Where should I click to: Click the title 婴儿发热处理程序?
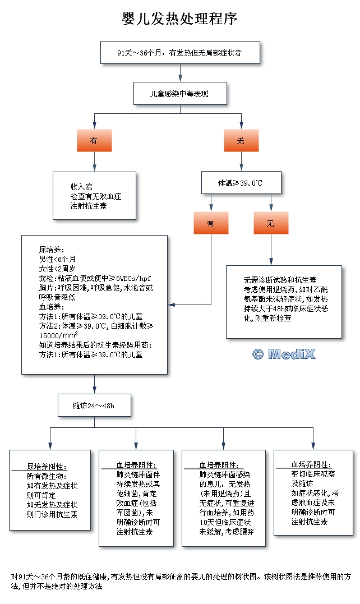[179, 19]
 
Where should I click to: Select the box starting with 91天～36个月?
[179, 52]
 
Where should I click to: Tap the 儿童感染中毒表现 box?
[180, 94]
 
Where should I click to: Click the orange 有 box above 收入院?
[94, 141]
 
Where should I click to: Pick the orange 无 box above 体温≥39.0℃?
[241, 141]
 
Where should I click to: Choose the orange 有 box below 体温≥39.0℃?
[211, 223]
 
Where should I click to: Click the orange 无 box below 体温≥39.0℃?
[270, 223]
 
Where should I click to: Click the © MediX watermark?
[284, 354]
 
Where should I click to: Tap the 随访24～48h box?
[94, 405]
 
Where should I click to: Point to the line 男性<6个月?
[57, 259]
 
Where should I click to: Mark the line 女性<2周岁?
[57, 268]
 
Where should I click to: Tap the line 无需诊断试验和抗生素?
[280, 279]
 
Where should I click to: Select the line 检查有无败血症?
[96, 197]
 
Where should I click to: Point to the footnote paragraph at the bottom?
[179, 581]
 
